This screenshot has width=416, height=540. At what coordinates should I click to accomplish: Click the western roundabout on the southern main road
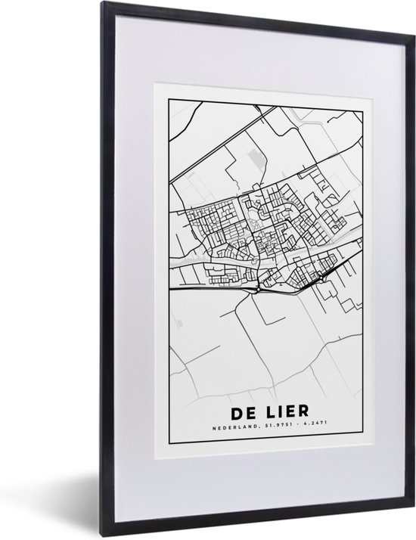(259, 288)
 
